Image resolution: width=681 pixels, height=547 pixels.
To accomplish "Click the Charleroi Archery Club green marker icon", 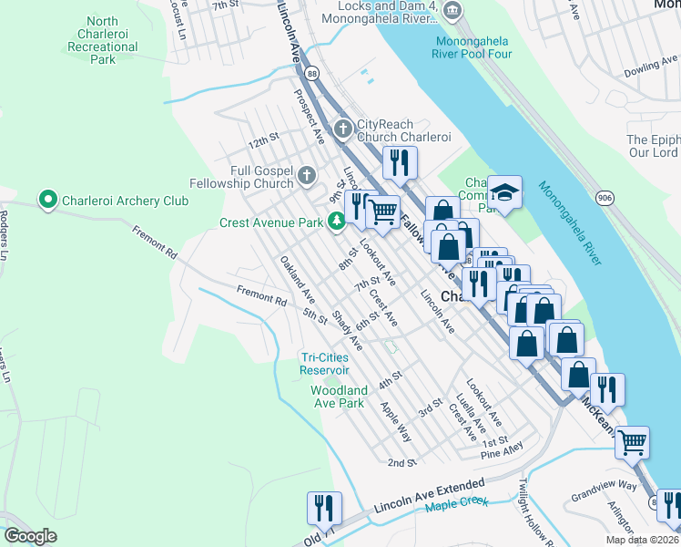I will [x=47, y=199].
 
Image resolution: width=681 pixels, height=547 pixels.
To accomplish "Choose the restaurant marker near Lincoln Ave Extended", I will [x=323, y=508].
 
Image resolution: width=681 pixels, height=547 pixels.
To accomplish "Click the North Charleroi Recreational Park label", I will [x=103, y=39].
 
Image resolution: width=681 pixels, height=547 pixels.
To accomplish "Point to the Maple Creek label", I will [x=456, y=503].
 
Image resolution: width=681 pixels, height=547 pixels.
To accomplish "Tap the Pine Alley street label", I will [x=503, y=451].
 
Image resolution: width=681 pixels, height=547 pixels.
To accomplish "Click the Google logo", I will [x=30, y=536].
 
